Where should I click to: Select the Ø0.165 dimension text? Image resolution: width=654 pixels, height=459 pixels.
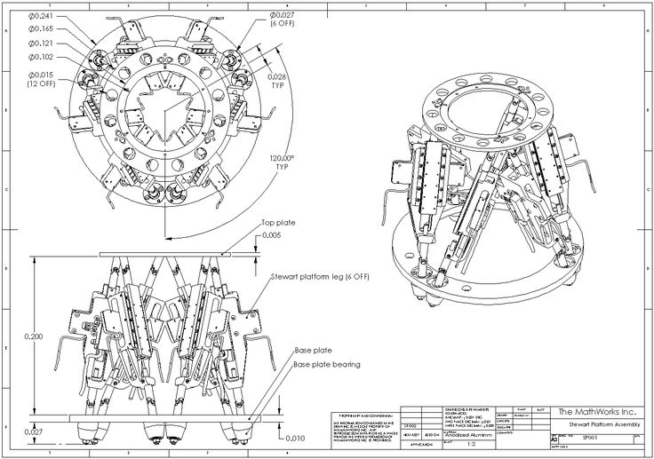[41, 29]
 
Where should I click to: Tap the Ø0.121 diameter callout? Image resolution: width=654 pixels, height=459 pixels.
[41, 44]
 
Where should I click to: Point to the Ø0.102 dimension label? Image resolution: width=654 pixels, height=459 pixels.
[41, 58]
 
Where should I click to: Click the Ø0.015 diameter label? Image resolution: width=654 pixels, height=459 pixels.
[41, 74]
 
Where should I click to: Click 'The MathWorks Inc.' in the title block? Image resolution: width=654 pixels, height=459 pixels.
[597, 412]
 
